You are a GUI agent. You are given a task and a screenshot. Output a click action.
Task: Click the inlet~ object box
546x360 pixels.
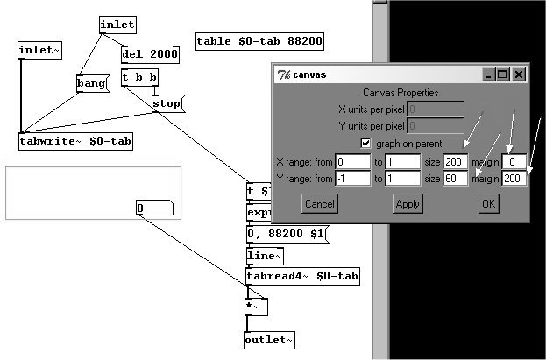coord(39,50)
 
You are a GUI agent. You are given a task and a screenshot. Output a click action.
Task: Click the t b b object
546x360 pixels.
coord(139,78)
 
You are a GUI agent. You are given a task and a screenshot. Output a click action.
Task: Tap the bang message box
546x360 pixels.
coord(90,84)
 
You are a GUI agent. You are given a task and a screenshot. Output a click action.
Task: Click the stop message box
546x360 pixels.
coord(167,104)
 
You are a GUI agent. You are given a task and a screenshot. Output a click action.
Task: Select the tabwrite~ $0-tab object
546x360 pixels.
coord(76,140)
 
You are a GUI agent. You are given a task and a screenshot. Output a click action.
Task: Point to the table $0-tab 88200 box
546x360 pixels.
coord(259,41)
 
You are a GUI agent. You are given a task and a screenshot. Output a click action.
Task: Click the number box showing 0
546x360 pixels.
coord(156,208)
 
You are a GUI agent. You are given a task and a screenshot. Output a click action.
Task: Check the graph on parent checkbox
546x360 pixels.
coord(366,143)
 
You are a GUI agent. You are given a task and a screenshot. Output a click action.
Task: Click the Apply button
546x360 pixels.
coord(408,203)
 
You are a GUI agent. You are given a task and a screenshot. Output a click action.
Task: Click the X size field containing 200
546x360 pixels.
coord(456,161)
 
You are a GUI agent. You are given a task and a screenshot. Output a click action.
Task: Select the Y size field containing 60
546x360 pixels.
coord(456,179)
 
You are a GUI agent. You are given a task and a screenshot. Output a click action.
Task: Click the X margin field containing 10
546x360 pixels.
coord(513,161)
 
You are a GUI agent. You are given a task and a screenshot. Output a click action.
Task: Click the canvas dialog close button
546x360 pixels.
coord(518,75)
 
